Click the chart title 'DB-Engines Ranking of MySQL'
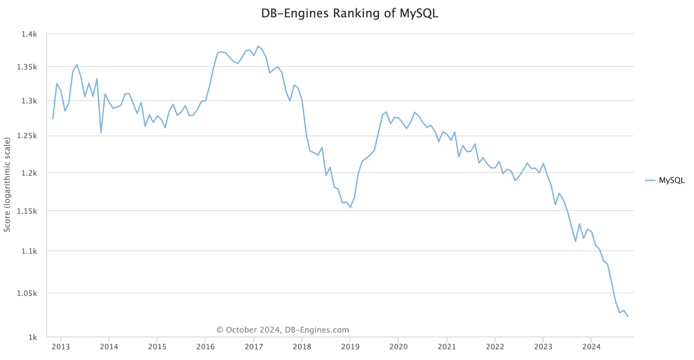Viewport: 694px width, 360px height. click(x=349, y=13)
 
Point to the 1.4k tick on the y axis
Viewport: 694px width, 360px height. click(x=29, y=34)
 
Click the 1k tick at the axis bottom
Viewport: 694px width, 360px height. click(x=33, y=337)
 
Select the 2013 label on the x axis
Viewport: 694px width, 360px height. click(x=61, y=347)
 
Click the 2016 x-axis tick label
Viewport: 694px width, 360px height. click(x=205, y=347)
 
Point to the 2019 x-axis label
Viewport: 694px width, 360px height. click(x=350, y=347)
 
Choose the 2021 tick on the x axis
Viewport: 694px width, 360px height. click(x=447, y=347)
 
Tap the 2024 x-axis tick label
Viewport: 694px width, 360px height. click(x=591, y=347)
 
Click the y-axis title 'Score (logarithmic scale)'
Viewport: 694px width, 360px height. click(x=7, y=184)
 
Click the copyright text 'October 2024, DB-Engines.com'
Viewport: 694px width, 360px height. click(x=283, y=330)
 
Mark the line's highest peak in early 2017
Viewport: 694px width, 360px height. click(x=258, y=46)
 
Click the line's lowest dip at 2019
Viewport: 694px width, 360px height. click(x=350, y=207)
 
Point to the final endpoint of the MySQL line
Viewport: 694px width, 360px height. click(x=628, y=316)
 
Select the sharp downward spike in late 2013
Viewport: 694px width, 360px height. click(x=101, y=133)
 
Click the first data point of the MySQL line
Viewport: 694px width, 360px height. click(x=53, y=119)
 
